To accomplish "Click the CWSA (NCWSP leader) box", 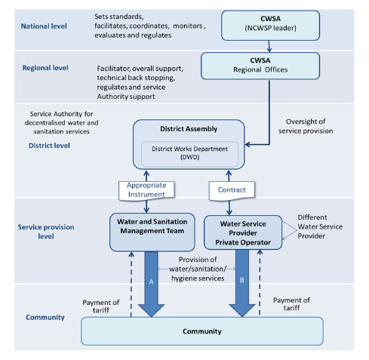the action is pyautogui.click(x=270, y=26).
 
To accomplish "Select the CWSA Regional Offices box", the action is pyautogui.click(x=260, y=66).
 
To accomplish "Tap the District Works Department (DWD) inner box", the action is pyautogui.click(x=189, y=154).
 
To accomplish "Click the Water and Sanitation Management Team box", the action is pyautogui.click(x=152, y=232).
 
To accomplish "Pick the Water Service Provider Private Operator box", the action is pyautogui.click(x=243, y=232).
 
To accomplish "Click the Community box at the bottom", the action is pyautogui.click(x=202, y=331).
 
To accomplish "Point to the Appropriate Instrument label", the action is pyautogui.click(x=146, y=190).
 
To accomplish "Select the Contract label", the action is pyautogui.click(x=232, y=190).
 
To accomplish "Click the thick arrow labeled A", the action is pyautogui.click(x=151, y=284).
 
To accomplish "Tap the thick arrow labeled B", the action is pyautogui.click(x=242, y=283).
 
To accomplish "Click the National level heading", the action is pyautogui.click(x=44, y=26).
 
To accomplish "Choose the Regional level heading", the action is pyautogui.click(x=45, y=68).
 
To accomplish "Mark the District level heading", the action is pyautogui.click(x=49, y=146).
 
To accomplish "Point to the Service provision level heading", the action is pyautogui.click(x=46, y=232).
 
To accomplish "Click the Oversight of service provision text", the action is pyautogui.click(x=306, y=126).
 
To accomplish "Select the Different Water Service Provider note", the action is pyautogui.click(x=320, y=226).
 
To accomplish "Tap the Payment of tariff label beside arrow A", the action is pyautogui.click(x=101, y=306).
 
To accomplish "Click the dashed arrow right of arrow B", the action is pyautogui.click(x=260, y=282).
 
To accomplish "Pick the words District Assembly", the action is pyautogui.click(x=189, y=129).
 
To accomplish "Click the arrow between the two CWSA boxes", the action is pyautogui.click(x=269, y=47).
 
